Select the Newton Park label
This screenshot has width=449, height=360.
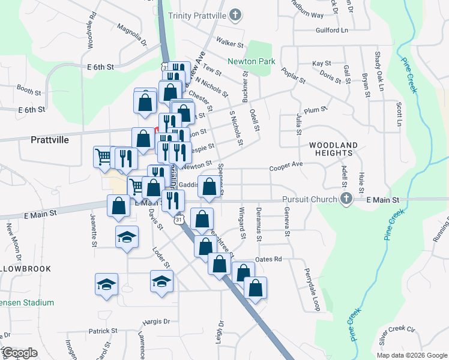tap(251, 61)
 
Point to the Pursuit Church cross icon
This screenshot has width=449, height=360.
tap(346, 199)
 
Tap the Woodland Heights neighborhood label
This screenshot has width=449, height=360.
tap(334, 149)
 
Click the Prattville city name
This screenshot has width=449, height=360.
tap(50, 139)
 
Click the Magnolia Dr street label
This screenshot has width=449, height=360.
tap(132, 35)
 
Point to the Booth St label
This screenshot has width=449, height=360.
tap(28, 89)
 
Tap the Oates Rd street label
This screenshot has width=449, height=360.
tap(268, 259)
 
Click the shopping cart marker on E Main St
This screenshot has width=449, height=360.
tap(137, 187)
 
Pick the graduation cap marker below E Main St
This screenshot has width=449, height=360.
tap(127, 237)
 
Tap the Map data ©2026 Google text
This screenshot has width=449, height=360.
tap(411, 355)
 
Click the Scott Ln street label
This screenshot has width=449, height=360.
tap(399, 114)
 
